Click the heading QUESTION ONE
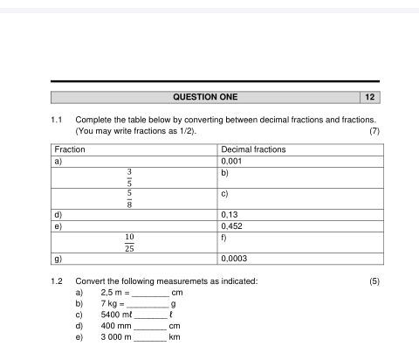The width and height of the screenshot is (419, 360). point(205,97)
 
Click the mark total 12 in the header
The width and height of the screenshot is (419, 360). point(370,97)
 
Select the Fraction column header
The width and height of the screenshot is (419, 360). point(70,149)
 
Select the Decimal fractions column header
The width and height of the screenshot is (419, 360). point(253,149)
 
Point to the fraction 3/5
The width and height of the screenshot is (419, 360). point(129,177)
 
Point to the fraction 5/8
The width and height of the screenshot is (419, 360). point(129,199)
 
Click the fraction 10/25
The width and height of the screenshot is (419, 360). point(129,243)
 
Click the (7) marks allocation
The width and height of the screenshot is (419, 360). point(374,131)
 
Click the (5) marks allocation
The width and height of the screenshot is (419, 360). point(374,280)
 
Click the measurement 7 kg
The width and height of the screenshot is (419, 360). point(110,303)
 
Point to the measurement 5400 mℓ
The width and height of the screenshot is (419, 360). point(117,315)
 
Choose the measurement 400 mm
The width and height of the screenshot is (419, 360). point(115,325)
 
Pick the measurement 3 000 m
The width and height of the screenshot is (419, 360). point(116,336)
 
